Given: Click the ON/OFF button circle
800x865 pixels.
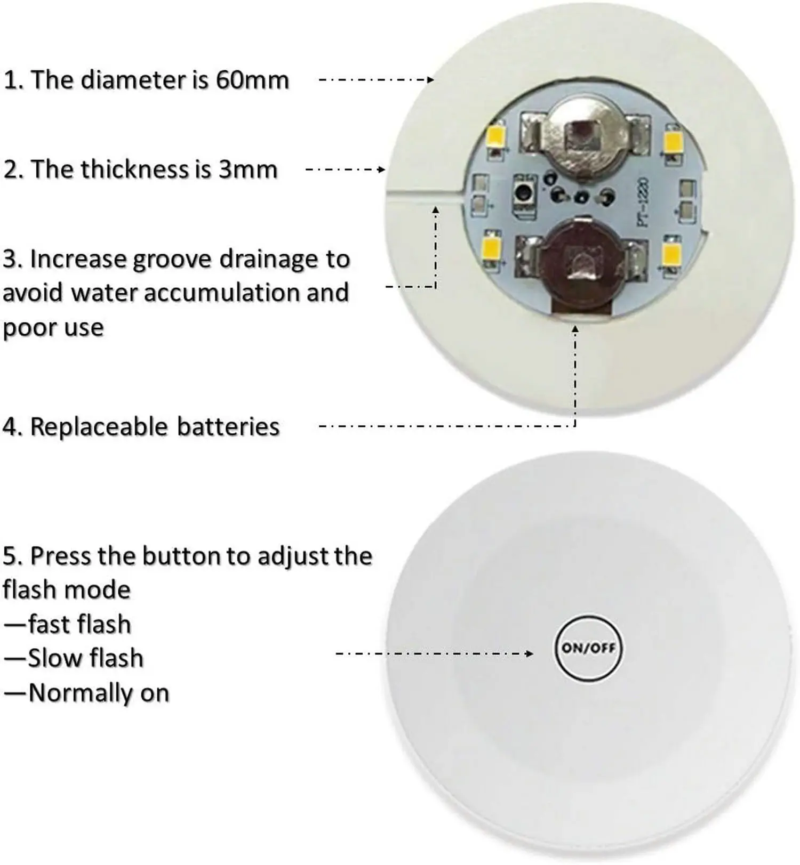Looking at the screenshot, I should (x=588, y=648).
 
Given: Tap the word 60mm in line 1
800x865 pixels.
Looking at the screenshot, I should (x=252, y=80).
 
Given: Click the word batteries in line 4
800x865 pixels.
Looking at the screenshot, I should (x=228, y=427).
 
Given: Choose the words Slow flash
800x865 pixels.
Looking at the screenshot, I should (x=85, y=658).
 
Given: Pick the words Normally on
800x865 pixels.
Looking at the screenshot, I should (x=99, y=693).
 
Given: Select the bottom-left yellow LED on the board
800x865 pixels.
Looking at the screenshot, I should (x=491, y=246).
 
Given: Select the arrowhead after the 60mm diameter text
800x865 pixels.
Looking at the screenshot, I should (x=430, y=80).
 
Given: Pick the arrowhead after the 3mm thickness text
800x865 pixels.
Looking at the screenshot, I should (x=381, y=169).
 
